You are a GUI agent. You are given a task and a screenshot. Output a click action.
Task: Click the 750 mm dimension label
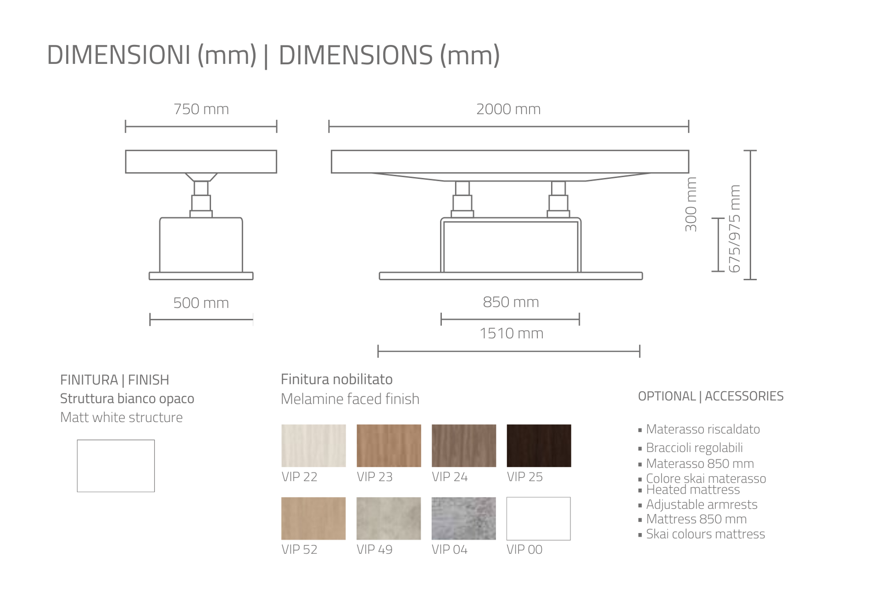pyautogui.click(x=201, y=109)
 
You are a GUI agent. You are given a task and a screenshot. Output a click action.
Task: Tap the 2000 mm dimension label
pyautogui.click(x=508, y=109)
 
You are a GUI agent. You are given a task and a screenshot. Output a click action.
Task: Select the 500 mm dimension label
pyautogui.click(x=201, y=303)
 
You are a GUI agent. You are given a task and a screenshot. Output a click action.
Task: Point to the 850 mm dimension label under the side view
pyautogui.click(x=511, y=302)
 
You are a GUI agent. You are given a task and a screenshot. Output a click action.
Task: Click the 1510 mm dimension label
pyautogui.click(x=511, y=333)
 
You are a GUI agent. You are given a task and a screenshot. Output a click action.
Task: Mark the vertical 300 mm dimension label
pyautogui.click(x=691, y=204)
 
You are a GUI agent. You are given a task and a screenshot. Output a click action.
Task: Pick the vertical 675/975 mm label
pyautogui.click(x=734, y=228)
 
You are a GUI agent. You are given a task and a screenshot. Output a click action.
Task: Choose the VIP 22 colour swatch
pyautogui.click(x=313, y=445)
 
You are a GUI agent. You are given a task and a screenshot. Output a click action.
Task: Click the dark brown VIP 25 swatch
pyautogui.click(x=539, y=445)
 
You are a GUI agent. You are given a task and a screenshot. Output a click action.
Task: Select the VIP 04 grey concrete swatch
pyautogui.click(x=463, y=518)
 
